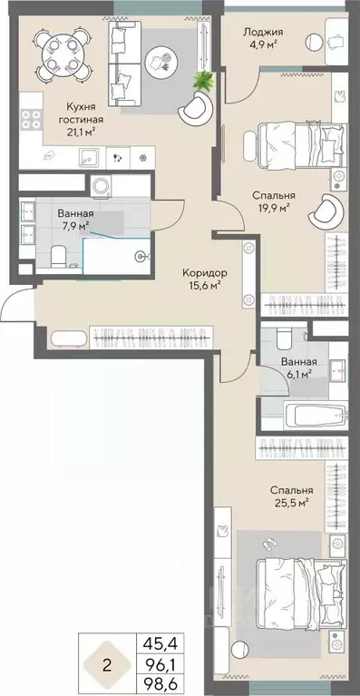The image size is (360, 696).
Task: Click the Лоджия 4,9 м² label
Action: point(263,37)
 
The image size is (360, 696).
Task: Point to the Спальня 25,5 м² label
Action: point(292,496)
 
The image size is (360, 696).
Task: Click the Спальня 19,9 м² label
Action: point(274,201)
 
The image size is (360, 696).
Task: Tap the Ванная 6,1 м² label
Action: point(300,368)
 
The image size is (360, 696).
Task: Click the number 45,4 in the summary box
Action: point(162,641)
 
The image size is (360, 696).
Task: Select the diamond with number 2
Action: point(106,661)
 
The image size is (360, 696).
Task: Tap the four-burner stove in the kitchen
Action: point(31,119)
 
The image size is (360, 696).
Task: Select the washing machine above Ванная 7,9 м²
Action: point(101,185)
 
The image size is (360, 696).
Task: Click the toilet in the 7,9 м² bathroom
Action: point(58,257)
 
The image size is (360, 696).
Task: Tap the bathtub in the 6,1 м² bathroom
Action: point(316,416)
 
